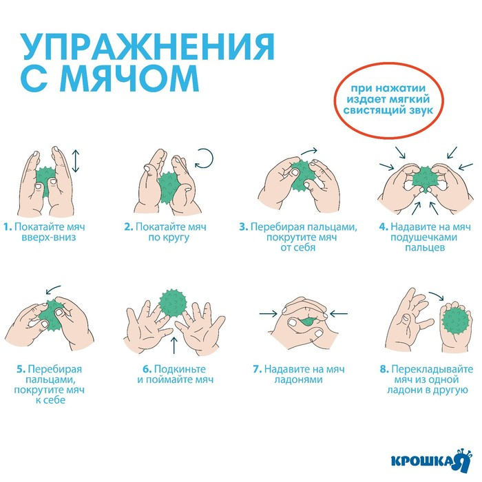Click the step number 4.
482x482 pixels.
click(x=384, y=226)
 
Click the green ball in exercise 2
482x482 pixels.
click(x=167, y=186)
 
